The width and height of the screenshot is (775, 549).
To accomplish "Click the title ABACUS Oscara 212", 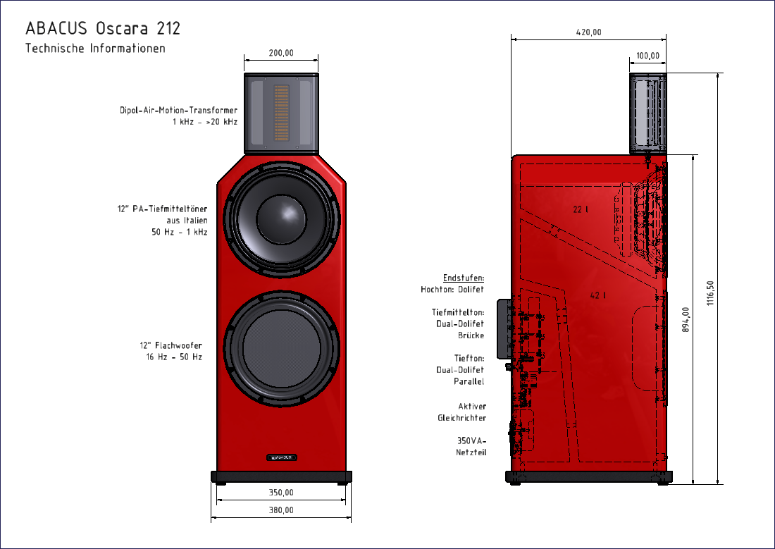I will pos(103,28).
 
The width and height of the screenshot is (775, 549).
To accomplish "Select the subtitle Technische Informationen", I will pos(95,49).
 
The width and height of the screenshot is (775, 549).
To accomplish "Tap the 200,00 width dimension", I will pos(281,53).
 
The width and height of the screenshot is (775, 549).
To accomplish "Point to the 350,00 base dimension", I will pos(281,493).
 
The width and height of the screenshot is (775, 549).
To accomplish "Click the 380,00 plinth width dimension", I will pos(281,510).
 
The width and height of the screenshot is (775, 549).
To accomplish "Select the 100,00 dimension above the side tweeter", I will pos(647,56).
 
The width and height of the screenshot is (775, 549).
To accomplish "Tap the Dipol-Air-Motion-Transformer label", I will pos(179,111).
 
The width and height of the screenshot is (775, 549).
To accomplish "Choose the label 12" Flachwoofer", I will pos(170,345).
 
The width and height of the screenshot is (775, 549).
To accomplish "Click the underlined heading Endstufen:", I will pos(464,278).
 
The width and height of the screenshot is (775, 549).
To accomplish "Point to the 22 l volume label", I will pos(581,209).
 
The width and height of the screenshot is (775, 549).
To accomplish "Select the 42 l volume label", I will pos(598,295).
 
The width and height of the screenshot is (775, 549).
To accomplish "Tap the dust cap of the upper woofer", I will pos(281,214).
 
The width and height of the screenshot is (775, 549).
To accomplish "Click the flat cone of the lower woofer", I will pos(281,349).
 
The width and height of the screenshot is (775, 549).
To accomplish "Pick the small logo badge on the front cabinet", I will pos(281,457).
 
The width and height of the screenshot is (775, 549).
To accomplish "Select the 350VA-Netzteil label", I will pos(471,446).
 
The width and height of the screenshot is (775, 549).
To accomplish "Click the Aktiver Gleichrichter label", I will pos(462,412).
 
